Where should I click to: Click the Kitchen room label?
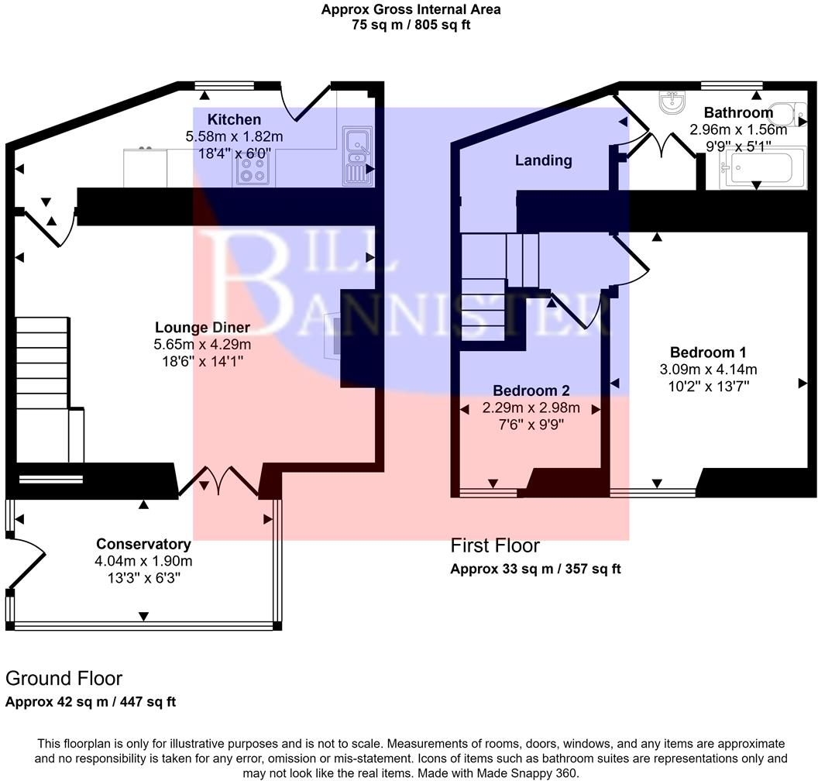[234, 119]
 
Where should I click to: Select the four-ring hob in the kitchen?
[252, 170]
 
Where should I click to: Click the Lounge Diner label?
[202, 327]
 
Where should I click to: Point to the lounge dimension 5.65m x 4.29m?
[202, 344]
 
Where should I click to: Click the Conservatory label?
[143, 544]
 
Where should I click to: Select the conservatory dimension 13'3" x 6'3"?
[143, 578]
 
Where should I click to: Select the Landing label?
[544, 160]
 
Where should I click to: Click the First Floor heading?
[495, 545]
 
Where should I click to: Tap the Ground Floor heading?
[64, 679]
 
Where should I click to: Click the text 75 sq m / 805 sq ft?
[411, 24]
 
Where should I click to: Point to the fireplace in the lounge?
[335, 335]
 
